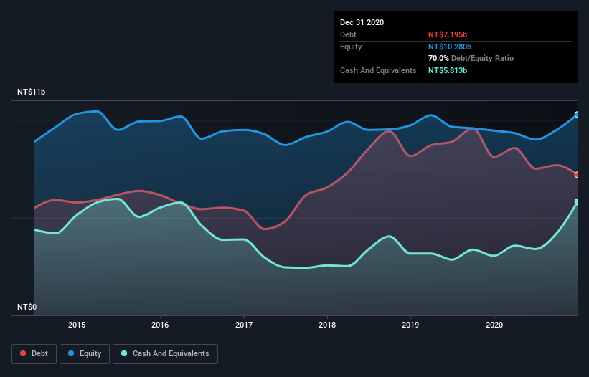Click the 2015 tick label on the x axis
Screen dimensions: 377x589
pos(77,324)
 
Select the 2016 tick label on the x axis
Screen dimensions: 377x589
pos(160,324)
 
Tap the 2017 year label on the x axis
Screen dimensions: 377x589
pos(244,324)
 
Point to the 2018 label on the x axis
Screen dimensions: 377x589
pos(327,324)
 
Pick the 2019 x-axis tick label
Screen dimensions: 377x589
pos(411,324)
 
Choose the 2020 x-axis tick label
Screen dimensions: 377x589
pos(494,324)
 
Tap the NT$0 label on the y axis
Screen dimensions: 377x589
pos(28,307)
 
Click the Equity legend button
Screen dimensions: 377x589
pos(85,353)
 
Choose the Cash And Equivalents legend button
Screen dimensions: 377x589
pos(165,353)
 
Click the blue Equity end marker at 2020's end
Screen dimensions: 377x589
pos(577,115)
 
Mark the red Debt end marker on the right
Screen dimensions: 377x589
pos(577,174)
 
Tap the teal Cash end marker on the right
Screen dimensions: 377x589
pos(577,202)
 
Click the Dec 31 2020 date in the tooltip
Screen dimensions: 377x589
pos(362,22)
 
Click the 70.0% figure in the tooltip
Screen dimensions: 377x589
pos(438,59)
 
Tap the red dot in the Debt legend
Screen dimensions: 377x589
pos(24,353)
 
